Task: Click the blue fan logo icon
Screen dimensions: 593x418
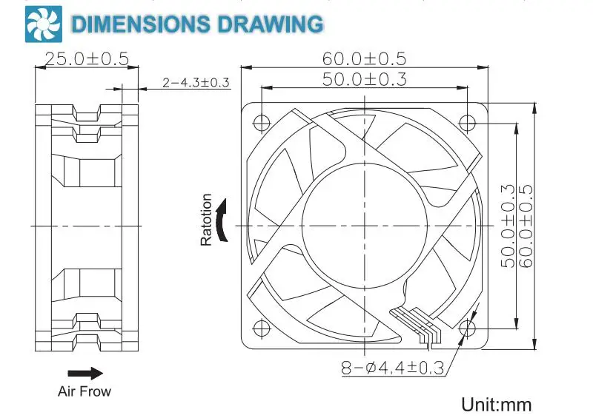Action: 44,24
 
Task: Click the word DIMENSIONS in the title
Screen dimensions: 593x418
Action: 140,24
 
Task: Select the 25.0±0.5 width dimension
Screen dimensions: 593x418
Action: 87,59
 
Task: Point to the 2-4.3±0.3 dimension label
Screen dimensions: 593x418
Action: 196,82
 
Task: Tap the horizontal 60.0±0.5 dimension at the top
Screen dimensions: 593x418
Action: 364,59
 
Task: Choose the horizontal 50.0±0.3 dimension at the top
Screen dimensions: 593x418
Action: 365,79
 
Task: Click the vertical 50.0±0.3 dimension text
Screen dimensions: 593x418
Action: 508,226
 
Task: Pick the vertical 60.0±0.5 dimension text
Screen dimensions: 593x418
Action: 526,226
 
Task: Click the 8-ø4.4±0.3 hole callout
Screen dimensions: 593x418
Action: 393,368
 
